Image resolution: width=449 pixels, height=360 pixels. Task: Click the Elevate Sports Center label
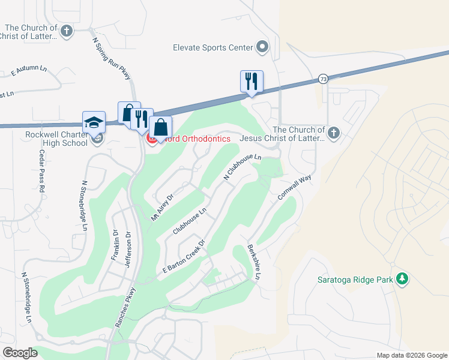212,47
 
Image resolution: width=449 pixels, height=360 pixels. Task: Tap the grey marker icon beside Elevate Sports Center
262,46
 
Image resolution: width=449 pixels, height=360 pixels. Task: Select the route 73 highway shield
324,79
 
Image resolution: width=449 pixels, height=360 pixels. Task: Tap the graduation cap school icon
94,122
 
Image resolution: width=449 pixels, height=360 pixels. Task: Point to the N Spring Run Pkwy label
112,58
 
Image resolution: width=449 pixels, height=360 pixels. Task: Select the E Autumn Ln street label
29,71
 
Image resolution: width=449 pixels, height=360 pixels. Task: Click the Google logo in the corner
20,353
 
